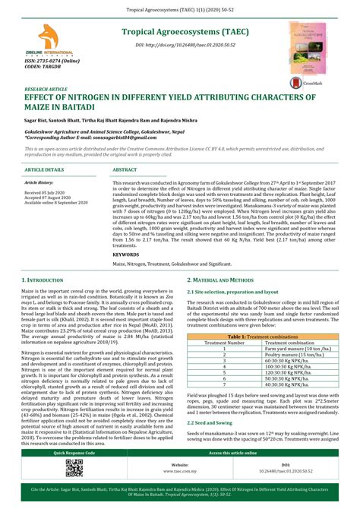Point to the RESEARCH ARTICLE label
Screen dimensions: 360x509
(x=46, y=89)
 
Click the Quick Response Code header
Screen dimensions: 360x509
(x=74, y=451)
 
